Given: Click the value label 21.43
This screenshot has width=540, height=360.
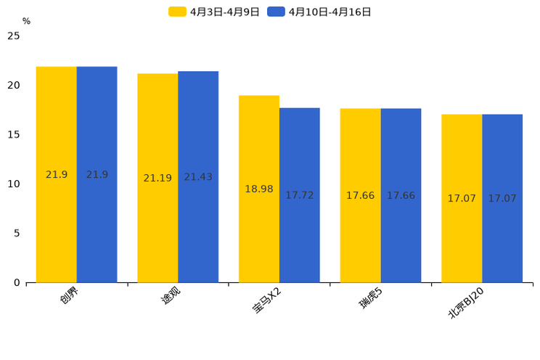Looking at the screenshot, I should coord(198,177).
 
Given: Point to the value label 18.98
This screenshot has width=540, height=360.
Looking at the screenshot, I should coord(259,189).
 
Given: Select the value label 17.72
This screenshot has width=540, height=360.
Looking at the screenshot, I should coord(300,195).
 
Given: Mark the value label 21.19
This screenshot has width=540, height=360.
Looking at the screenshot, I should coord(157,178).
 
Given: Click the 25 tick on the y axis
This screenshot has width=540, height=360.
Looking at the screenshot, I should coord(14,36).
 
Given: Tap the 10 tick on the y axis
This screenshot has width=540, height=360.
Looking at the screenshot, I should coord(14,184).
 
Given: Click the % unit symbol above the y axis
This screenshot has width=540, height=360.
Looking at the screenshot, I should coord(26,21).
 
